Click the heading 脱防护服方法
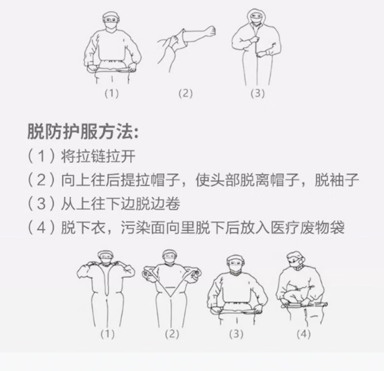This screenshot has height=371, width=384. click(x=83, y=132)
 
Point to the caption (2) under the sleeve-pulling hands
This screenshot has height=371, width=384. click(x=184, y=94)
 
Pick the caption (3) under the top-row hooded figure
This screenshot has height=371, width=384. click(x=257, y=94)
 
